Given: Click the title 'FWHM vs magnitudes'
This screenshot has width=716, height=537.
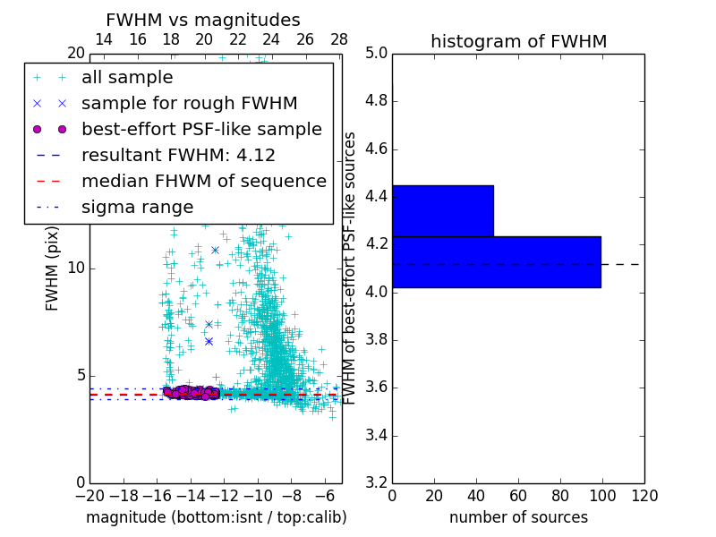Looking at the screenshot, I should coord(203,21).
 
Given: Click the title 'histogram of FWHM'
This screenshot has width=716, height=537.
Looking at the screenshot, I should coord(518,41).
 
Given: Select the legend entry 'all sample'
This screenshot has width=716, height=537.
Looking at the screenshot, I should coord(127,78).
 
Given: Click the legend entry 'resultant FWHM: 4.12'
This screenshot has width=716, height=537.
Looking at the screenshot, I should coord(178,155).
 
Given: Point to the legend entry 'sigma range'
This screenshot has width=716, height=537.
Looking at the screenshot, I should coord(137,207).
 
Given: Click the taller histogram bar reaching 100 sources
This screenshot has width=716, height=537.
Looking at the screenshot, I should coord(496,261).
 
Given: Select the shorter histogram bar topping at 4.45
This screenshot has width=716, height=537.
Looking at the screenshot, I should coord(442,210).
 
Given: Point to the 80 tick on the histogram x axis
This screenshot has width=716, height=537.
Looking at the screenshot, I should coord(560,496).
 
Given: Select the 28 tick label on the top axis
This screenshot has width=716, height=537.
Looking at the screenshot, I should coord(339,39).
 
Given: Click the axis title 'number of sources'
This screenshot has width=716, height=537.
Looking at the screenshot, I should coord(518,517).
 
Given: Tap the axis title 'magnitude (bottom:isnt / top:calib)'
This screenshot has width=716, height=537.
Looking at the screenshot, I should coord(216,517).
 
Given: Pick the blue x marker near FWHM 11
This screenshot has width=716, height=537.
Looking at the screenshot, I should coord(215,250).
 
